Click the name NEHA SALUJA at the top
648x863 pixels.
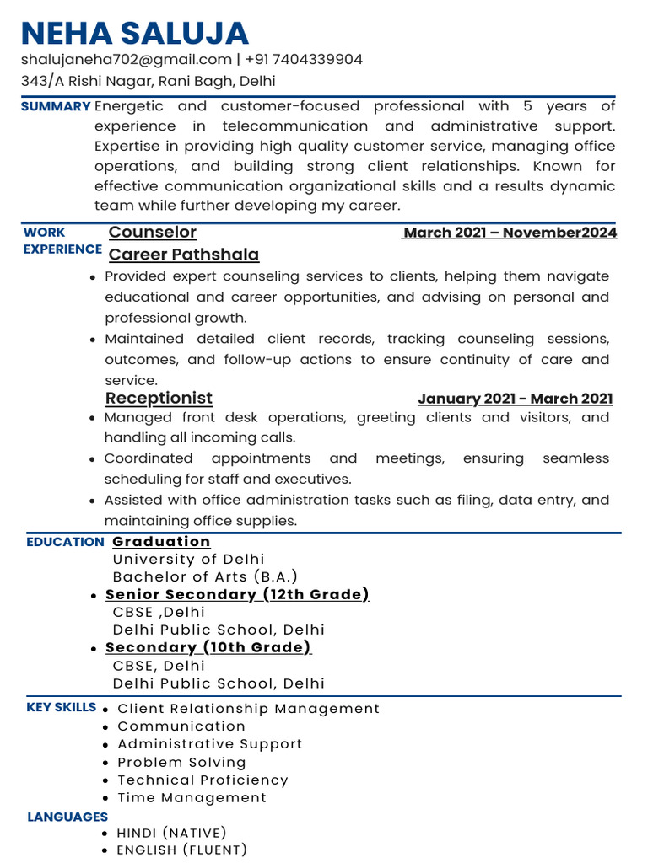pyautogui.click(x=135, y=33)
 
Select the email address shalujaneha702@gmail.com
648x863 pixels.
pyautogui.click(x=127, y=60)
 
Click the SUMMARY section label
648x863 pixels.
pyautogui.click(x=56, y=107)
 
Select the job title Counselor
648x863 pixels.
pyautogui.click(x=153, y=233)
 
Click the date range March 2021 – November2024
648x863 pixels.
pyautogui.click(x=510, y=233)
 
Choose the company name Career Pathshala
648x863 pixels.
pyautogui.click(x=184, y=255)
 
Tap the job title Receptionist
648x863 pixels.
pyautogui.click(x=159, y=398)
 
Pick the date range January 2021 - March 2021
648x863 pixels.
pyautogui.click(x=515, y=399)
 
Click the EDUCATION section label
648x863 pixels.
pyautogui.click(x=65, y=542)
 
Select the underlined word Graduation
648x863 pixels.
pyautogui.click(x=161, y=541)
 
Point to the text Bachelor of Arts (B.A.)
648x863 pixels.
pyautogui.click(x=205, y=577)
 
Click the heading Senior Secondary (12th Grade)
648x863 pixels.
pyautogui.click(x=237, y=595)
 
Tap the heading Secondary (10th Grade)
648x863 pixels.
pyautogui.click(x=208, y=647)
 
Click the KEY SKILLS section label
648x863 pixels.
pyautogui.click(x=62, y=707)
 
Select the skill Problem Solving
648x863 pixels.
pyautogui.click(x=181, y=763)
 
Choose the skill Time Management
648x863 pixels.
pyautogui.click(x=192, y=798)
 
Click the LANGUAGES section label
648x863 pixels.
pyautogui.click(x=67, y=817)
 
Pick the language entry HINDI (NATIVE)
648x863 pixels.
pyautogui.click(x=171, y=834)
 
